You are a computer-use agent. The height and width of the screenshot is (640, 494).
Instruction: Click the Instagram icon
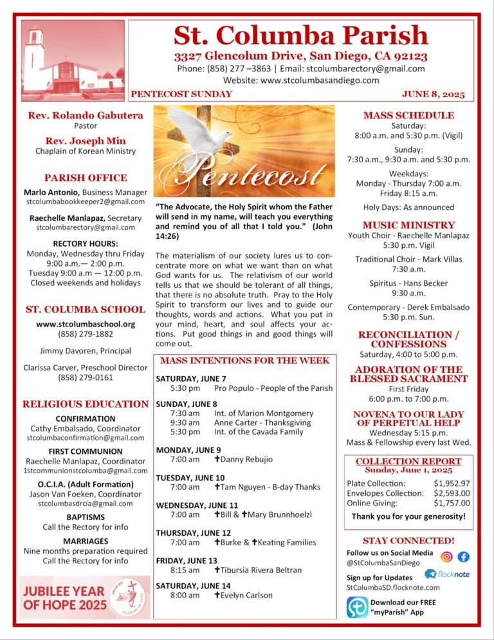(446, 557)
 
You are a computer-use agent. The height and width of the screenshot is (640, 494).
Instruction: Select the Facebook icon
(463, 557)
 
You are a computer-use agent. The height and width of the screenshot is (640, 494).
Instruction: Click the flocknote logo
(448, 574)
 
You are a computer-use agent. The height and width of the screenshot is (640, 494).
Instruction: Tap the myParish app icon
(357, 607)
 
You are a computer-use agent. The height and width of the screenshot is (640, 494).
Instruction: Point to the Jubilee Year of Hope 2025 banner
(84, 597)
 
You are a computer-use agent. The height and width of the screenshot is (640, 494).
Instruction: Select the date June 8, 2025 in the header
(433, 94)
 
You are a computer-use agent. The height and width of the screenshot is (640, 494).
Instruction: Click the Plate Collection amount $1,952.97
(452, 483)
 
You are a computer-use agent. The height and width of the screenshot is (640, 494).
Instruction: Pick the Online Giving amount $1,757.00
(452, 503)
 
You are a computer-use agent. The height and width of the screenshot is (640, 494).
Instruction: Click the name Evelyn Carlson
(246, 595)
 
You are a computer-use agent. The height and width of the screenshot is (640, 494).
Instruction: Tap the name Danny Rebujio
(247, 459)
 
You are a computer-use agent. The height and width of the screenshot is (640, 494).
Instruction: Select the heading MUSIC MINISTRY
(408, 225)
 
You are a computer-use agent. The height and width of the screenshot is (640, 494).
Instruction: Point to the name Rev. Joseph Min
(86, 140)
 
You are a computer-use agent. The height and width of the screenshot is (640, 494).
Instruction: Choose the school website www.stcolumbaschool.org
(86, 323)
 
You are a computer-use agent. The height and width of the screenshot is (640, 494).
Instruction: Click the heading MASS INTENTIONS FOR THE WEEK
(244, 361)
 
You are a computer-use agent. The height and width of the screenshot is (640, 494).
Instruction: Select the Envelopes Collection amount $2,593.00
(452, 493)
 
